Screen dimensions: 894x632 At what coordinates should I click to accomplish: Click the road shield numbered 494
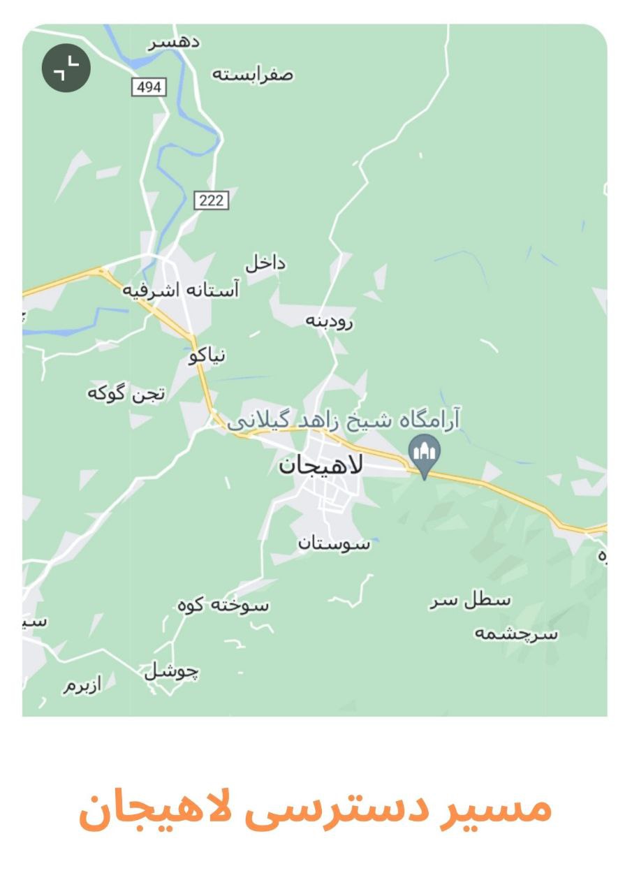149,87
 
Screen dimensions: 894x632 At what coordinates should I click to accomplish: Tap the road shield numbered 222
211,200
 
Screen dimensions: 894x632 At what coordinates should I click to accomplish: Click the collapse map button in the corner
66,68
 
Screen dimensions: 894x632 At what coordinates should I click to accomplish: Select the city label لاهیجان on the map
321,466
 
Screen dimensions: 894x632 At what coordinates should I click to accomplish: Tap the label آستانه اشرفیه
181,290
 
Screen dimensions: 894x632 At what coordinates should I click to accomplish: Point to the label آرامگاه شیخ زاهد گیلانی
344,421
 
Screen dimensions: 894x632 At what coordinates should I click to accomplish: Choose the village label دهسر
174,42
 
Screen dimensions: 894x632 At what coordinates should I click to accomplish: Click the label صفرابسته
253,74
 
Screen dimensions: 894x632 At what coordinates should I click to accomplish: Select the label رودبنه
330,321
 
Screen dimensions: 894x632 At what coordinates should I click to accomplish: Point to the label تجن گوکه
126,394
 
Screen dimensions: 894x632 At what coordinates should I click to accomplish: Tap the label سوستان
334,543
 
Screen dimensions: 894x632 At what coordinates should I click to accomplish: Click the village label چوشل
172,672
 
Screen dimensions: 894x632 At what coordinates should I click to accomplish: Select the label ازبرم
83,685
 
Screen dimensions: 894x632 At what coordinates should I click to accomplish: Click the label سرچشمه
517,633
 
